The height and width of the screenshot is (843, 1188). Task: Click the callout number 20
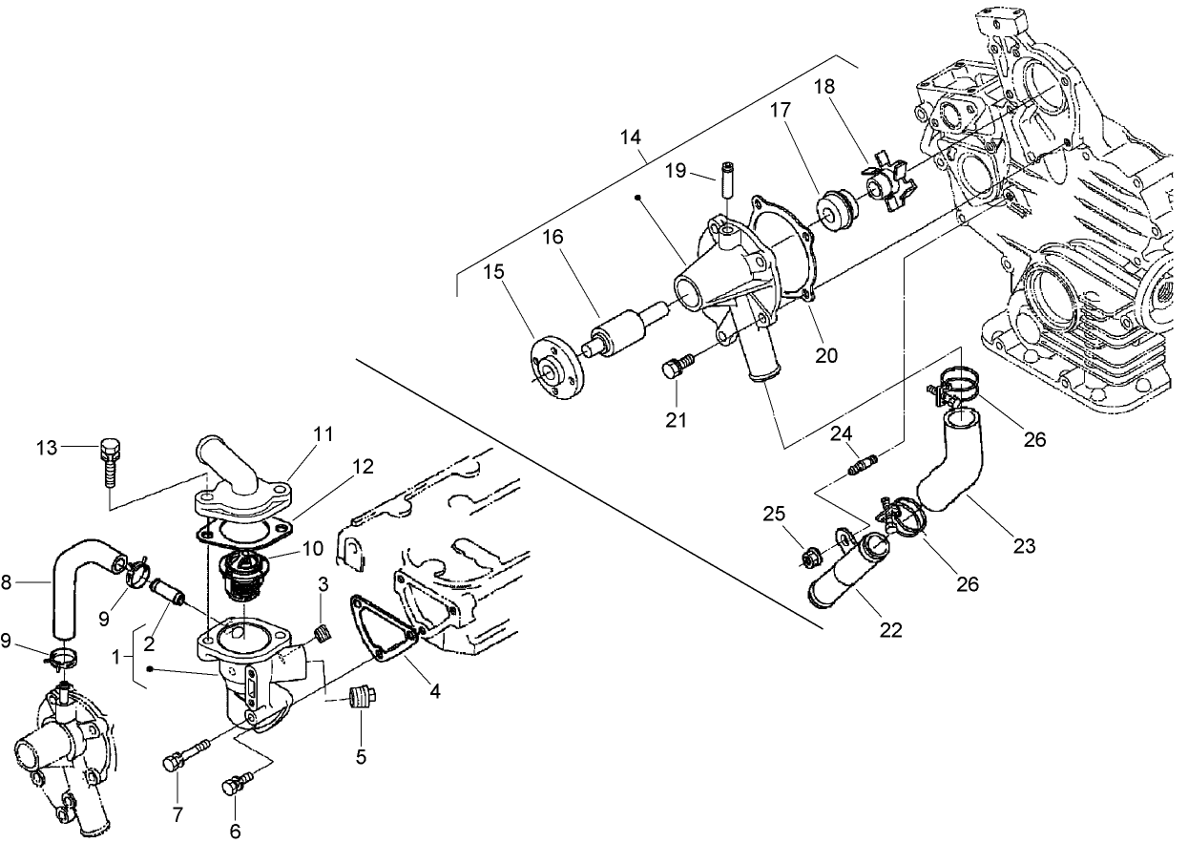pos(826,354)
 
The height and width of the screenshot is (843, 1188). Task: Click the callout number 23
pos(1024,547)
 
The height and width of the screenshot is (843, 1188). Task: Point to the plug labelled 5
pos(362,698)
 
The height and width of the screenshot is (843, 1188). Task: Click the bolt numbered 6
pos(235,786)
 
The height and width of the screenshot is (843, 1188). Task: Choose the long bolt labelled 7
pos(185,759)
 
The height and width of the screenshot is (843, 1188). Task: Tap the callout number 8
pos(8,580)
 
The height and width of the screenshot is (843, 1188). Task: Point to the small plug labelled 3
pos(323,632)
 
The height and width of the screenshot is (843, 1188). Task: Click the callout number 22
pos(891,629)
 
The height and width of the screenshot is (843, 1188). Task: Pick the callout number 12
pos(363,467)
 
